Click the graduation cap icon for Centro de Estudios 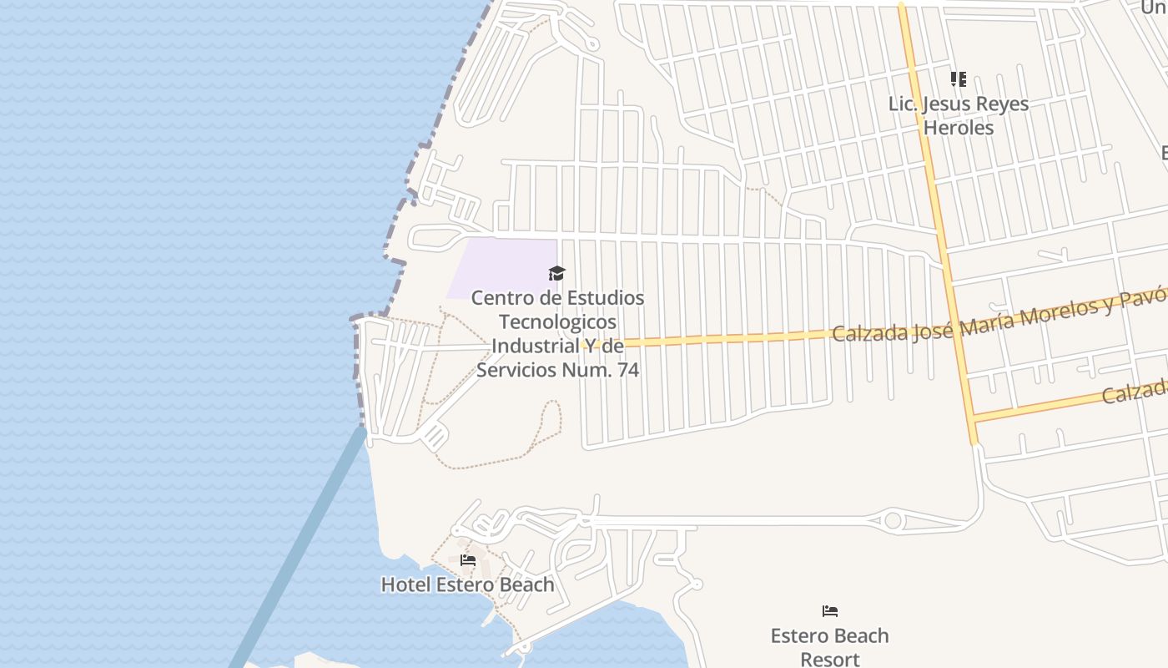(556, 273)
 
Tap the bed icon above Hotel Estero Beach (468, 560)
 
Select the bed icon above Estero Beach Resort (829, 611)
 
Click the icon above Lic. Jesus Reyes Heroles (959, 79)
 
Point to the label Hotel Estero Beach (467, 584)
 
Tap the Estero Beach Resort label (829, 647)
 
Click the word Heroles (959, 128)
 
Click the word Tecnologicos (557, 321)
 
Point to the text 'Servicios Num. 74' (557, 369)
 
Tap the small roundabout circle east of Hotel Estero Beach (893, 521)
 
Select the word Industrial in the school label (532, 346)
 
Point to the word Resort (829, 659)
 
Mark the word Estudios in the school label (606, 298)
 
